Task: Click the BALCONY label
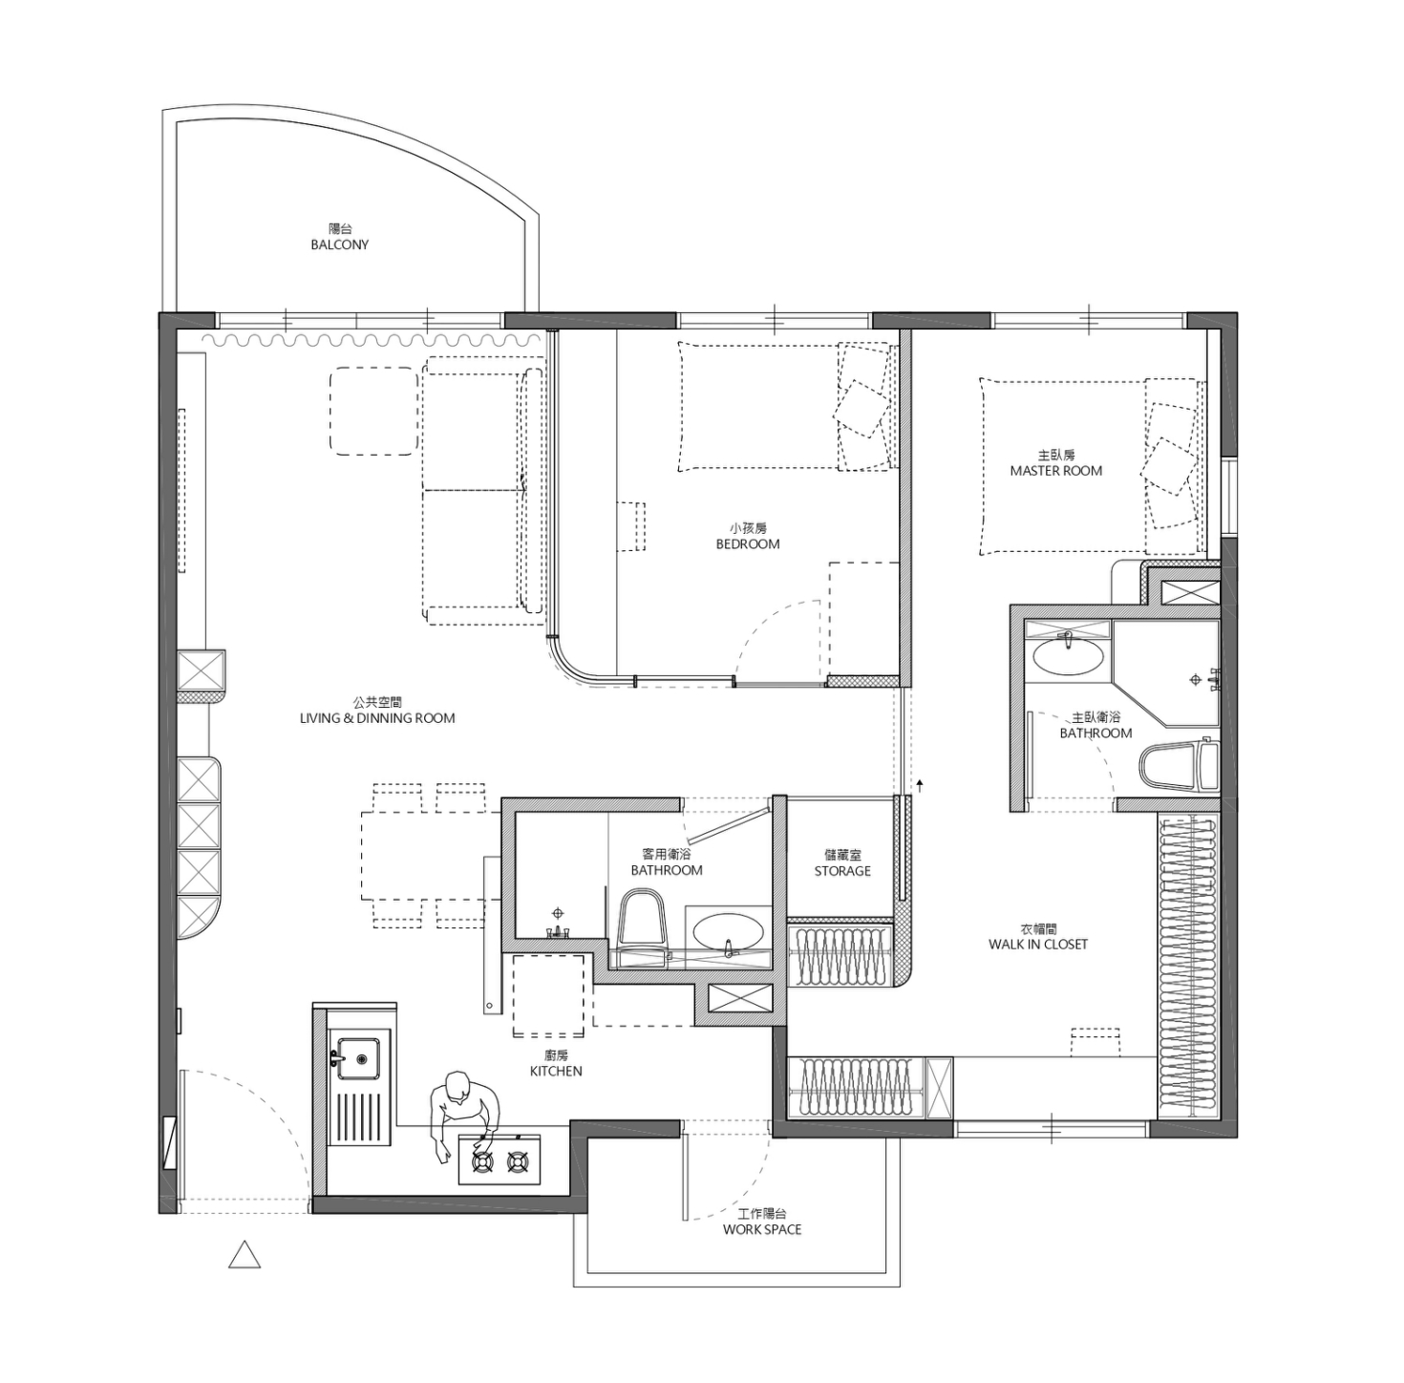coord(339,245)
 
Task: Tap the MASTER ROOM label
coord(1055,471)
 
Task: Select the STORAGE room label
coord(842,871)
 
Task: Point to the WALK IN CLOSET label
coord(1037,945)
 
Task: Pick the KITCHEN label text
coord(556,1071)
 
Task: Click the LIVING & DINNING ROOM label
coord(377,718)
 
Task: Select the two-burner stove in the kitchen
coord(500,1161)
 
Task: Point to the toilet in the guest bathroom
coord(641,925)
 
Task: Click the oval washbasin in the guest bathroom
coord(728,931)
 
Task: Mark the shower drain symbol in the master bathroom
coord(1196,680)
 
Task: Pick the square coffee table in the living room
coord(373,411)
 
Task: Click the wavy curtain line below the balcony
coord(372,340)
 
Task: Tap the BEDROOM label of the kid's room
coord(748,544)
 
